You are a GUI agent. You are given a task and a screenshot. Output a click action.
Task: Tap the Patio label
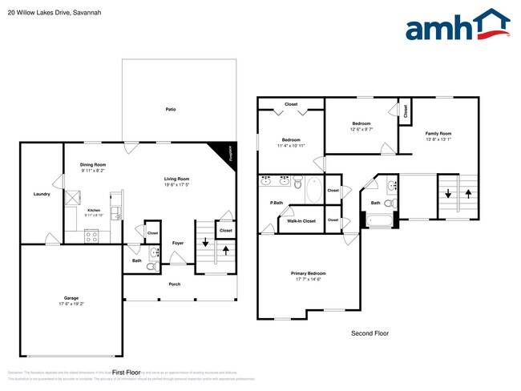click(171, 109)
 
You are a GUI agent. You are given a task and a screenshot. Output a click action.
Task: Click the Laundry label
click(42, 194)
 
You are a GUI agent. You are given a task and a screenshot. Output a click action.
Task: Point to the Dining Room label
click(93, 164)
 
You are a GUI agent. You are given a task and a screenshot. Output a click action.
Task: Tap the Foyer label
click(179, 243)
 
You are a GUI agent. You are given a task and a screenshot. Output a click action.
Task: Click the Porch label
click(174, 284)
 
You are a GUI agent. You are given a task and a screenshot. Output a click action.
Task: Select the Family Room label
click(438, 133)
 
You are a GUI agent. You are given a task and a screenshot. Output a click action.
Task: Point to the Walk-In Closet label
click(301, 220)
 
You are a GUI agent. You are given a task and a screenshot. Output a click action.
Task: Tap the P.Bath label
click(277, 203)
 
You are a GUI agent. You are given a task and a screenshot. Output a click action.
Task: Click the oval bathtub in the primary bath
click(313, 191)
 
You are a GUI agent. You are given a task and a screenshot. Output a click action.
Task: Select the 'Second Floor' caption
click(370, 333)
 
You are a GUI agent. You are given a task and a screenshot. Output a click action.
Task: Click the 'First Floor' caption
click(126, 373)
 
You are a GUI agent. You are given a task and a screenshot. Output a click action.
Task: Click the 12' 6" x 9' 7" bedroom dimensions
click(362, 129)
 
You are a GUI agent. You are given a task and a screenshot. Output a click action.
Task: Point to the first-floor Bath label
click(137, 260)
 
